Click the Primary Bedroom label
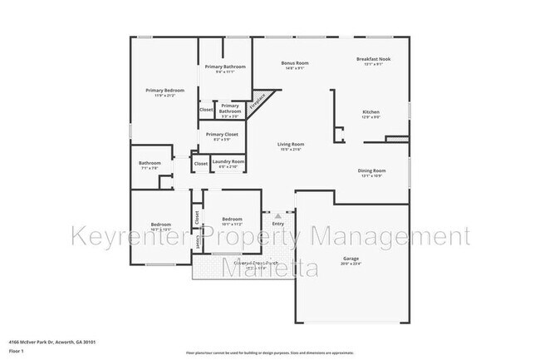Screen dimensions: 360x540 coord(164,90)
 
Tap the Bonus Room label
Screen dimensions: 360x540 coord(295,63)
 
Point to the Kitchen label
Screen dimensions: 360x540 coord(371,111)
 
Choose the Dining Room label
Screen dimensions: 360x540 coord(371,170)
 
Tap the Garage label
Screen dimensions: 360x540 coord(351,259)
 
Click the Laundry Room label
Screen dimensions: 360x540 coord(228,161)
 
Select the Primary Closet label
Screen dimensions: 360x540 coord(222,134)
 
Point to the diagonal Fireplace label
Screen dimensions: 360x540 coord(260,100)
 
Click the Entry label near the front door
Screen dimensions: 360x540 coord(277,223)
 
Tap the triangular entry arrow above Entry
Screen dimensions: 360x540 coord(277,215)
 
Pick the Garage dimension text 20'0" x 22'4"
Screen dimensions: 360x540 coord(351,264)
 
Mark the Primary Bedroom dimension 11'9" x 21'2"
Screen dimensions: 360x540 coord(164,96)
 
